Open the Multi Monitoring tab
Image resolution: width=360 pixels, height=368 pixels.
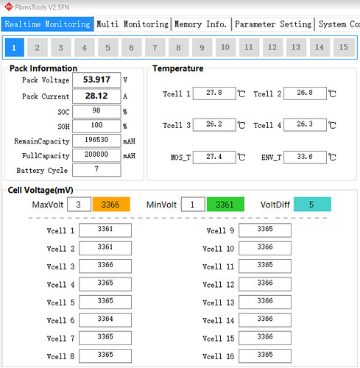pyautogui.click(x=133, y=24)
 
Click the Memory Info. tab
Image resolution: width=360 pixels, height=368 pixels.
pyautogui.click(x=201, y=24)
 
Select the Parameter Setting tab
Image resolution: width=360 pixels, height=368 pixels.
pyautogui.click(x=273, y=24)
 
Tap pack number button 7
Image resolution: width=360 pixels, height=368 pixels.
pyautogui.click(x=155, y=47)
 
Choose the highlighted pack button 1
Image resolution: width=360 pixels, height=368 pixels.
pyautogui.click(x=14, y=47)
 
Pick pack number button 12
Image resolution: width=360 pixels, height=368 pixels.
pyautogui.click(x=272, y=47)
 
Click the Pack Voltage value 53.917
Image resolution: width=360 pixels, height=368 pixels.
pyautogui.click(x=96, y=79)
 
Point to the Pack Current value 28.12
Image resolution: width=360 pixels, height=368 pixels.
pyautogui.click(x=96, y=96)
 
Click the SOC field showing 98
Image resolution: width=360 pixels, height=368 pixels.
pyautogui.click(x=96, y=111)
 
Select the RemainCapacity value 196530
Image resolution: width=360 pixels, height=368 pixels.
pyautogui.click(x=96, y=141)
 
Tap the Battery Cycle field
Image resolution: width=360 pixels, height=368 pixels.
pyautogui.click(x=96, y=170)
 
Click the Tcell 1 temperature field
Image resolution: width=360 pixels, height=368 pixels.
pyautogui.click(x=214, y=93)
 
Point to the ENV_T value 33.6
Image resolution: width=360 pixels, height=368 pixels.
pyautogui.click(x=305, y=157)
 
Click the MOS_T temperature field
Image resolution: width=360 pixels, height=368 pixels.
pyautogui.click(x=214, y=157)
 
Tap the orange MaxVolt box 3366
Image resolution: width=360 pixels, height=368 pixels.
pyautogui.click(x=111, y=204)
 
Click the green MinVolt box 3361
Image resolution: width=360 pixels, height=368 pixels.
pyautogui.click(x=225, y=204)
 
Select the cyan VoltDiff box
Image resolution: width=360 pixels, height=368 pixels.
pyautogui.click(x=312, y=204)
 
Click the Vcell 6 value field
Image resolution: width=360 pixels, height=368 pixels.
pyautogui.click(x=105, y=320)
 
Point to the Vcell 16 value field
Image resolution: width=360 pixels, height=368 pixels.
pyautogui.click(x=265, y=355)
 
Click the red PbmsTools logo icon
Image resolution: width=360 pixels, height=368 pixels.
pyautogui.click(x=9, y=7)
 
